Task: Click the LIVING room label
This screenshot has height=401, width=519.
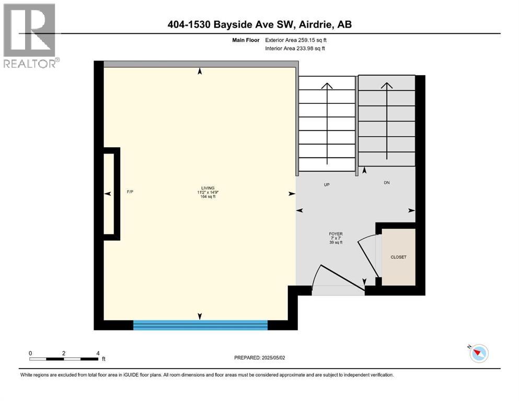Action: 208,188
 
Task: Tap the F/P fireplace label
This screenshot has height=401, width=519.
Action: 130,192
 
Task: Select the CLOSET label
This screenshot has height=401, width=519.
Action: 398,257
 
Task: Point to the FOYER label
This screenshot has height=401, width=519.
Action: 336,234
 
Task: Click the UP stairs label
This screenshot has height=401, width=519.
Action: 327,185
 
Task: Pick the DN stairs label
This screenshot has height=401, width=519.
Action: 387,182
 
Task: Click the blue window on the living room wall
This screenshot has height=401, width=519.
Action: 200,325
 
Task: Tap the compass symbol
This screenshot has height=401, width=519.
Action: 479,353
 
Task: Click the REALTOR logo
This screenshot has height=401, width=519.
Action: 30,36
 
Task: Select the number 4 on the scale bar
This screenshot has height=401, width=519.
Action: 98,353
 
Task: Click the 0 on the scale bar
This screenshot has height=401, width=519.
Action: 30,353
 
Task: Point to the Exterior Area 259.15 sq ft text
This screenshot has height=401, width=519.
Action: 296,40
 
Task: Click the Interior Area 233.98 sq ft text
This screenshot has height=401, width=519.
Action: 295,48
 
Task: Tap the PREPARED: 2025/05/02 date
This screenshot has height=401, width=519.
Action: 259,358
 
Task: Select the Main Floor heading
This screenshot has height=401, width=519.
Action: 246,40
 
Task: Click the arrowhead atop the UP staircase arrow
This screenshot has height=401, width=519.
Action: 327,86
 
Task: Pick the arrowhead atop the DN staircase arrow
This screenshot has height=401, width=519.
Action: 387,86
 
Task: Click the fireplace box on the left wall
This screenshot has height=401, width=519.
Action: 111,194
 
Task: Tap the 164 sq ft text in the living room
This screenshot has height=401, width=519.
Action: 208,196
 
